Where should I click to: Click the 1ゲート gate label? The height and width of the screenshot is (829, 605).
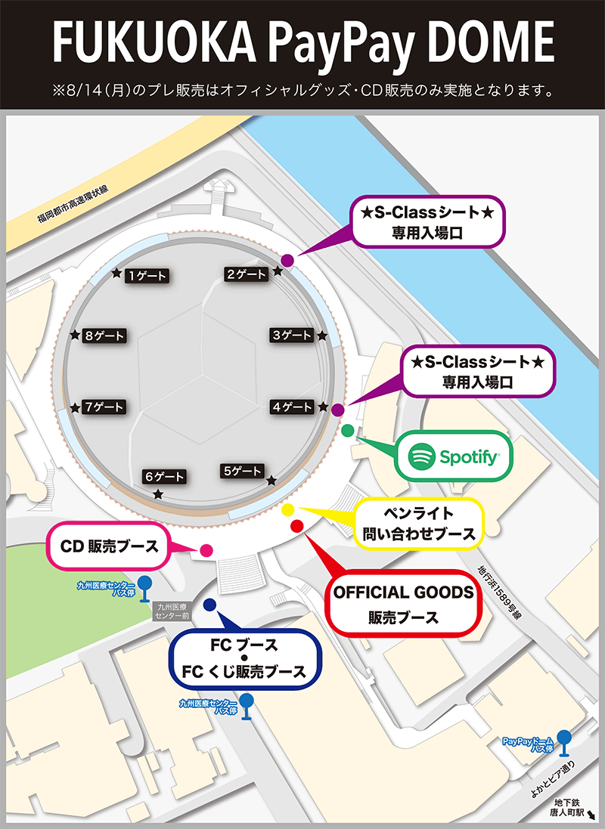(147, 276)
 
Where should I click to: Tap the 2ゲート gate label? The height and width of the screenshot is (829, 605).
(247, 274)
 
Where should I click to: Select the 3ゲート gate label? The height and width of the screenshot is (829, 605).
(291, 335)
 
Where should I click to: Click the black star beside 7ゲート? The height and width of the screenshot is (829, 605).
(75, 407)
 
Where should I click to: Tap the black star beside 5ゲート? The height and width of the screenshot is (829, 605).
(271, 479)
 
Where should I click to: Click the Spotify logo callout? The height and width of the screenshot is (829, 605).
(454, 456)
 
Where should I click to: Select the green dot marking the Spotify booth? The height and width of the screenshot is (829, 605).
(347, 431)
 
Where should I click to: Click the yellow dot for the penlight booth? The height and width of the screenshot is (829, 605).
(288, 510)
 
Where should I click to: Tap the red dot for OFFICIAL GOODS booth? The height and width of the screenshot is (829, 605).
(296, 525)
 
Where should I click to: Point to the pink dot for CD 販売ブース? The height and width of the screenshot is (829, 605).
(206, 552)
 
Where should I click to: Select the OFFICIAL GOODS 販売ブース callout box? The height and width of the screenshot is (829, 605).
(404, 603)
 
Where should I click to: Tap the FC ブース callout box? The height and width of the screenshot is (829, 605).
(247, 658)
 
